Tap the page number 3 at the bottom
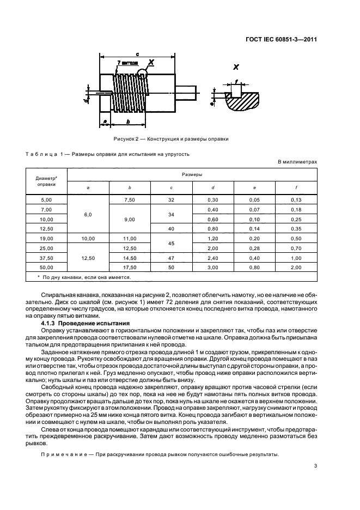[x=315, y=465]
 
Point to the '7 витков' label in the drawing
[x=126, y=64]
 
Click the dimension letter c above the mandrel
[x=138, y=54]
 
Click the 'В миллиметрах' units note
[x=297, y=162]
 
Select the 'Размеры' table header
[x=191, y=175]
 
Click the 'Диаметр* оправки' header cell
[x=46, y=181]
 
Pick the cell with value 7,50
[x=130, y=200]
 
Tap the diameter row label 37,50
[x=46, y=258]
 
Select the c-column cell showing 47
[x=171, y=258]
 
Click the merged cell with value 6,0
[x=88, y=215]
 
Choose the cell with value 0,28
[x=254, y=248]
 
